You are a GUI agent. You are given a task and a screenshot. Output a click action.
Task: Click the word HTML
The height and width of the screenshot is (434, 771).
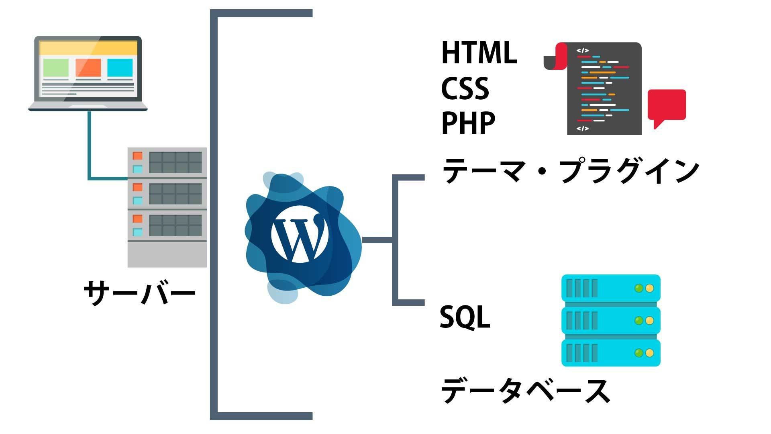tap(479, 53)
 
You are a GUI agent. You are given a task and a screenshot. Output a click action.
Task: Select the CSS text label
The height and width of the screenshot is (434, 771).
tap(465, 88)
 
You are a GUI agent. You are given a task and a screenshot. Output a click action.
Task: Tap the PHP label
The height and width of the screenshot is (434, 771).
tap(468, 123)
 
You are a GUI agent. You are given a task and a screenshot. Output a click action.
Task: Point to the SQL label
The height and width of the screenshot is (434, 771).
tap(465, 317)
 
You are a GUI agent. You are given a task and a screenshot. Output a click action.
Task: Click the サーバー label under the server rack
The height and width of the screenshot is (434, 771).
tap(139, 293)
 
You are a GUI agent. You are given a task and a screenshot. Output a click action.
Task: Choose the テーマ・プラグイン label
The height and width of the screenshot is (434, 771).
tap(570, 171)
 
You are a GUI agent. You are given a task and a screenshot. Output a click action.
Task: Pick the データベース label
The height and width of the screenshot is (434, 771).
tap(525, 390)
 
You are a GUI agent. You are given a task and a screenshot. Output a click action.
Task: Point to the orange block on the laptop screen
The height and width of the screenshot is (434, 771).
tap(88, 68)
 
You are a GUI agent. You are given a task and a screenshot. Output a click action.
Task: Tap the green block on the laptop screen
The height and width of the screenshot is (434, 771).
tap(56, 68)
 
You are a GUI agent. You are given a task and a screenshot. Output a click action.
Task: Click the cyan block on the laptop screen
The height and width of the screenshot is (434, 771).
tap(120, 68)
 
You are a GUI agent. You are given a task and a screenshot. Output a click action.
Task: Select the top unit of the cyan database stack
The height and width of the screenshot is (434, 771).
tap(610, 288)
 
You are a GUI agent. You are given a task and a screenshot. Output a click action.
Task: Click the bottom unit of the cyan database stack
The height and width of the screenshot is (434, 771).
tap(610, 353)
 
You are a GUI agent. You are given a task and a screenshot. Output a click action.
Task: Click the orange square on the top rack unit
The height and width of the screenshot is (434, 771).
tap(138, 156)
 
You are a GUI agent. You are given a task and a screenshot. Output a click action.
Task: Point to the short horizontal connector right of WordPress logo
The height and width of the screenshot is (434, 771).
tap(377, 240)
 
